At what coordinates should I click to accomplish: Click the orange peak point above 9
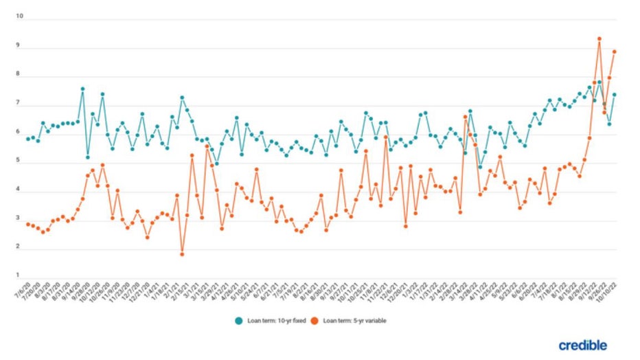pos(599,39)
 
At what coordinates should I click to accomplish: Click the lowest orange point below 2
pos(182,254)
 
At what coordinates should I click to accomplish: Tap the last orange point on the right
pos(614,52)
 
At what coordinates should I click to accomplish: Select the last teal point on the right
pos(614,95)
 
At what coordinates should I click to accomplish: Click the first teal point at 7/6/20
pos(28,139)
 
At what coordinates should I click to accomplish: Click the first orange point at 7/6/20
pos(28,224)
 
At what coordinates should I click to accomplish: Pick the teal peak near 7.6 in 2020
pos(82,89)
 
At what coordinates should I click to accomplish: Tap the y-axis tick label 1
pos(21,277)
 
